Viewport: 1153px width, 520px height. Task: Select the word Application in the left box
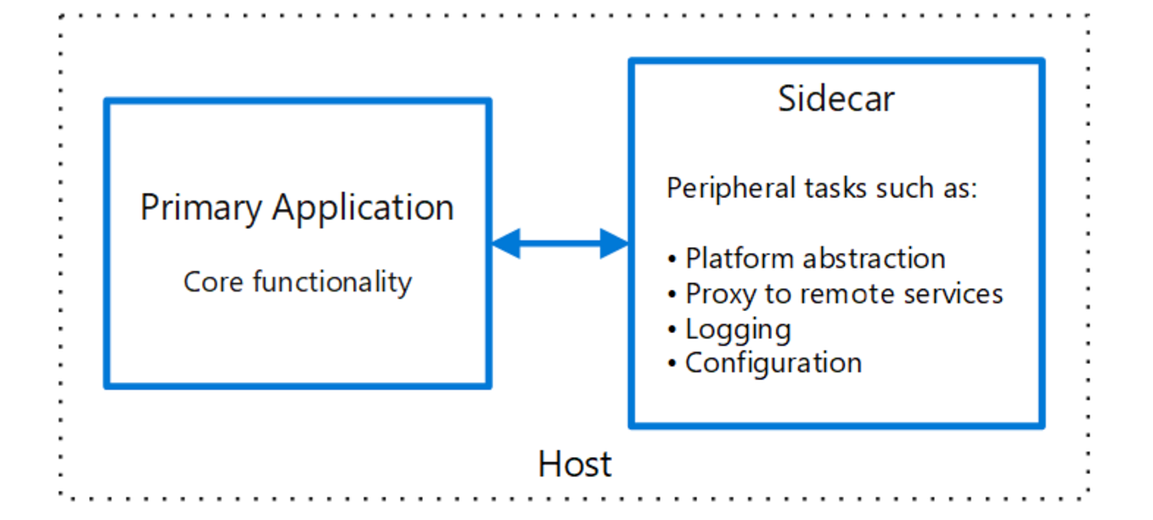coord(363,208)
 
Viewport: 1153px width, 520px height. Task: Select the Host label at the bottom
coord(575,465)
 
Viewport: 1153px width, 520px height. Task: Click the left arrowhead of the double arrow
coord(505,244)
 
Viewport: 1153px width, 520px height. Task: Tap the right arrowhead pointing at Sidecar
coord(614,244)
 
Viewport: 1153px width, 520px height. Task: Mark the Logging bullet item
coord(738,330)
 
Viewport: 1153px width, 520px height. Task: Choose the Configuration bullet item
coord(773,364)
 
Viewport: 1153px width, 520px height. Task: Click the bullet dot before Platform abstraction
coord(672,259)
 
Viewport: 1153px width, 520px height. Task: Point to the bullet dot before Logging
coord(672,330)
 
